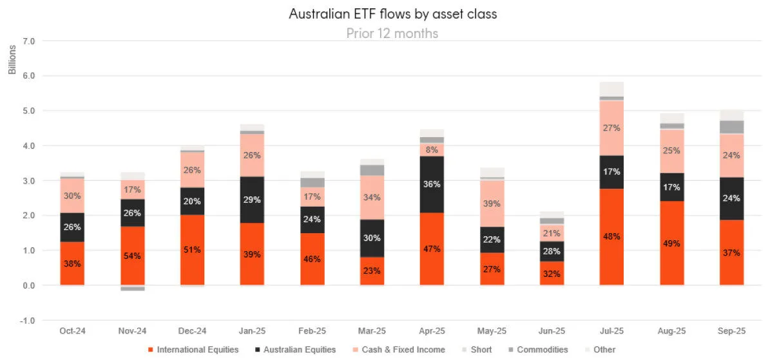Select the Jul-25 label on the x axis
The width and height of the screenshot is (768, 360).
[x=611, y=330]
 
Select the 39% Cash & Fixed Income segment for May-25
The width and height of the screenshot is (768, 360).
[x=492, y=203]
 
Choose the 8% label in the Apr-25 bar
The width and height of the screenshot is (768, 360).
[x=432, y=149]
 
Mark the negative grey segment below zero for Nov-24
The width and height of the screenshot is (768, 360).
[x=133, y=288]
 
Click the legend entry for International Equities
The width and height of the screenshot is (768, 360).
[x=193, y=350]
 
